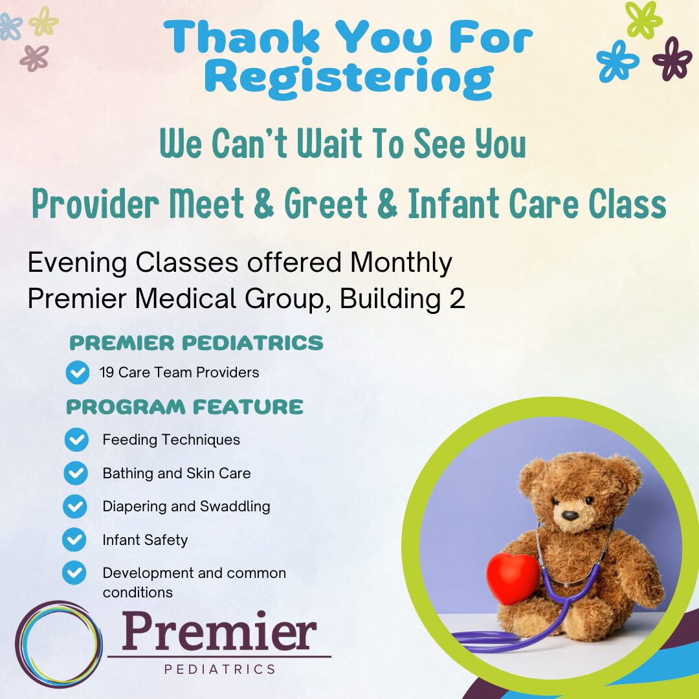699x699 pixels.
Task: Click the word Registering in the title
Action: [349, 77]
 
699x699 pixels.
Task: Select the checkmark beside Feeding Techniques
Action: [76, 440]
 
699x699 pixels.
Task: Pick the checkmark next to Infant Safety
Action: [74, 540]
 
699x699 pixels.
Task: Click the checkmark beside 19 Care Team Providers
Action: [78, 373]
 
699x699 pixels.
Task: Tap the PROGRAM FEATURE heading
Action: [184, 407]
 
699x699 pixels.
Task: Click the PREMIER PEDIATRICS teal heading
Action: [196, 343]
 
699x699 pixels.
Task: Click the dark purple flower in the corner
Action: [672, 59]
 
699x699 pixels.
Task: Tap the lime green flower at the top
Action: [644, 19]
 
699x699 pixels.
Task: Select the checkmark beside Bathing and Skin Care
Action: [76, 474]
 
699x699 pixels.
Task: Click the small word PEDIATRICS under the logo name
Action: [220, 669]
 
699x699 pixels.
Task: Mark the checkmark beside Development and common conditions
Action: [74, 573]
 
